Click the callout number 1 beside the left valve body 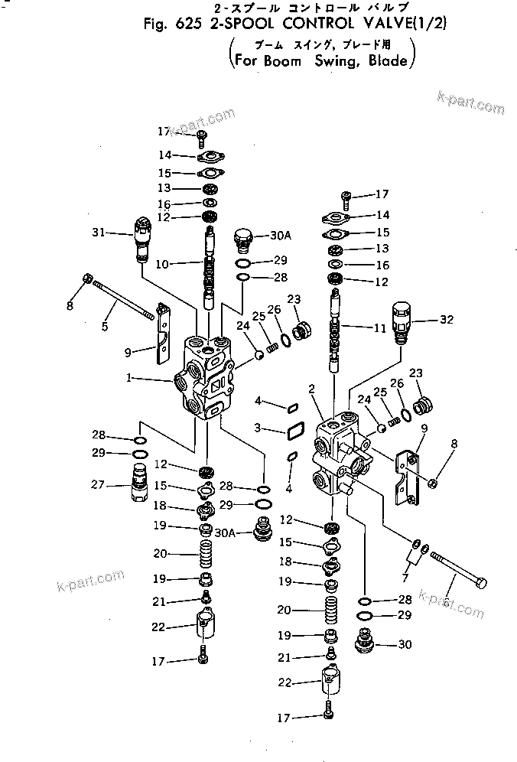tap(131, 377)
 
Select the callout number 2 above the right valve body tap(311, 389)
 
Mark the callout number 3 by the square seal tap(258, 426)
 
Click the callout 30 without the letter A tap(405, 644)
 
